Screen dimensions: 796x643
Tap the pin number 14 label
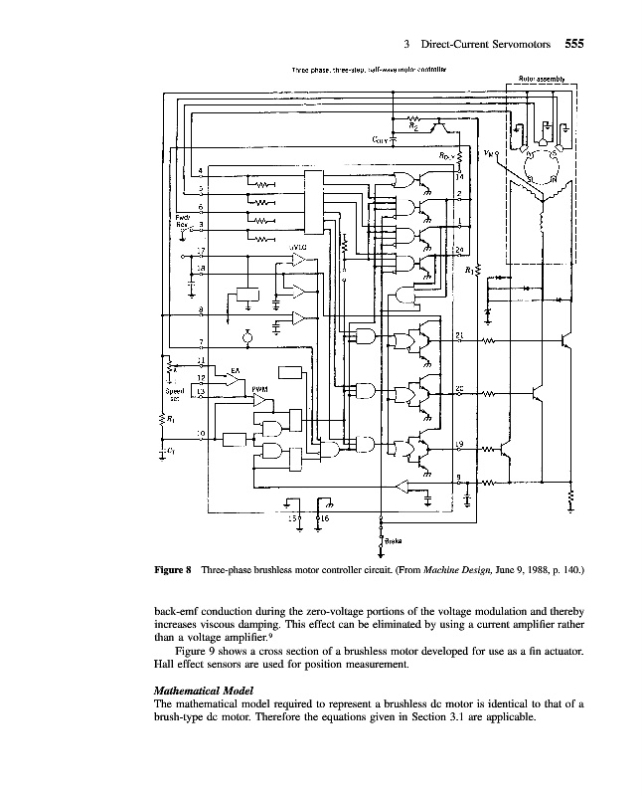[459, 176]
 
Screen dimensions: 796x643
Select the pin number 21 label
[459, 335]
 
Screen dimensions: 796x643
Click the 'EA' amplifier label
[235, 370]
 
